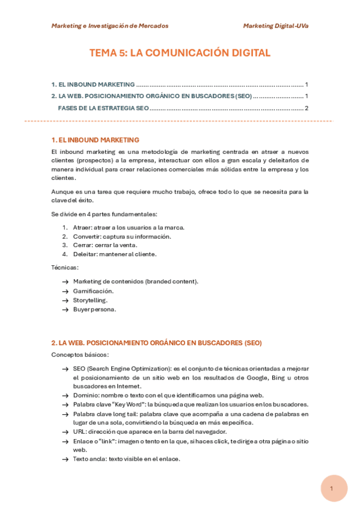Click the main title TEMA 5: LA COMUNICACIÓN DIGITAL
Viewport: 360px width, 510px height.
pos(180,53)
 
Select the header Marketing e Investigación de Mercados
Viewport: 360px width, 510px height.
pos(110,26)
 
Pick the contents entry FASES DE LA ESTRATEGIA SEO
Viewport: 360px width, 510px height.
pos(103,108)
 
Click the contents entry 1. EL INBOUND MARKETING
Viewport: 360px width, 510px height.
pos(93,84)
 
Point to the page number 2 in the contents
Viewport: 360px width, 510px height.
pos(307,108)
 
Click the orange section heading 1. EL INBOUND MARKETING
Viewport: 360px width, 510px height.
pos(95,140)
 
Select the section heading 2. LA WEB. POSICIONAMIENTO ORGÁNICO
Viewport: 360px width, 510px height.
pos(156,343)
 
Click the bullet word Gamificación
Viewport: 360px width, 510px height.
pos(93,291)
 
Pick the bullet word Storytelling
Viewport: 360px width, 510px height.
pos(90,300)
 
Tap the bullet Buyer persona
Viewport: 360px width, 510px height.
pos(94,309)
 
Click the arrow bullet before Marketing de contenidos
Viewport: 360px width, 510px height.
pos(65,281)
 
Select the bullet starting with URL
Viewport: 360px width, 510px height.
pos(149,432)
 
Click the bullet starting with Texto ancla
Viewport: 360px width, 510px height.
pos(126,459)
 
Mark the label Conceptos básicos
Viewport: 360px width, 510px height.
pos(80,355)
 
